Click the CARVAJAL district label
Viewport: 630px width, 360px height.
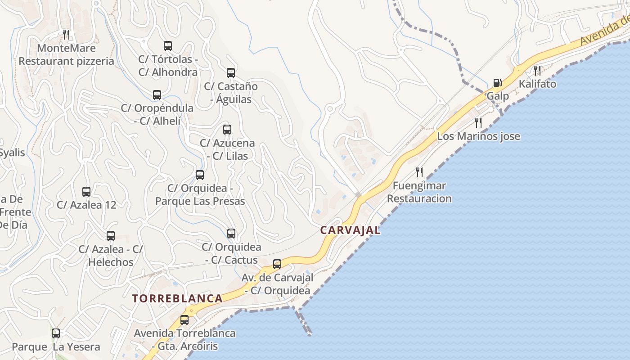(350, 230)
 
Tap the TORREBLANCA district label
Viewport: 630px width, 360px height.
(177, 298)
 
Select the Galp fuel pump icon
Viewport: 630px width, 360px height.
(497, 83)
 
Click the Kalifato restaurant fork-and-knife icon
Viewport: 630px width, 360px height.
(537, 70)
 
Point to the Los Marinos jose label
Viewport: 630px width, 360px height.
(478, 136)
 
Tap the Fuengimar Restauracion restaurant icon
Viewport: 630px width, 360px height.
(419, 172)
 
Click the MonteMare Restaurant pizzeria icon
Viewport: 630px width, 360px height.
(66, 34)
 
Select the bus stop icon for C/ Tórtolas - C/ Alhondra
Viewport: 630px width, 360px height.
(168, 45)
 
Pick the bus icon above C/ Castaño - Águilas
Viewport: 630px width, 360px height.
(231, 72)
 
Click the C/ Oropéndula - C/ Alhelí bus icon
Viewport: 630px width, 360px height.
(157, 94)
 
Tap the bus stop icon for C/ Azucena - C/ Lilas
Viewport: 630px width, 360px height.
(227, 130)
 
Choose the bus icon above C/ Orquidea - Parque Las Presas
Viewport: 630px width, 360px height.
(200, 175)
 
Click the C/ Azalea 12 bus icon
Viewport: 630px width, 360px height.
(86, 191)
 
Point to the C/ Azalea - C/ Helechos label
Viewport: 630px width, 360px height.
(111, 256)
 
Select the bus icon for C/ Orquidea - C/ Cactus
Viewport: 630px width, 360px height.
(231, 234)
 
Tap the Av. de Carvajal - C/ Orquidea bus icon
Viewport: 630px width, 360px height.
(277, 264)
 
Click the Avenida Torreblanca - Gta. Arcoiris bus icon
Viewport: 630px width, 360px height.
(184, 320)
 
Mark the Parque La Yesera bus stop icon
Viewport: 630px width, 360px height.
(56, 333)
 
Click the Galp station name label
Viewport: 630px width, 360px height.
(498, 96)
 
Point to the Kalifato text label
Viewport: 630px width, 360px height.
(537, 84)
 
